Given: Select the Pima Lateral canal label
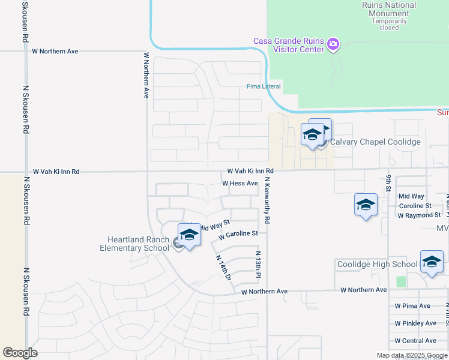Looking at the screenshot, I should (264, 86).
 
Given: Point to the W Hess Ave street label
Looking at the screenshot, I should (240, 183).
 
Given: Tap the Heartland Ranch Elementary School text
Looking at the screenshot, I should (134, 244).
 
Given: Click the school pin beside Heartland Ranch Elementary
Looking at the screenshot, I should (189, 235).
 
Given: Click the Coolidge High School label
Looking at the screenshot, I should (377, 264).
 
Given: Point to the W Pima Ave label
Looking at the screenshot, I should (412, 306).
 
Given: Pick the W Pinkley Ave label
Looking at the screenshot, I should (415, 323).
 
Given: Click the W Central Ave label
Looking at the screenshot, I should (415, 341).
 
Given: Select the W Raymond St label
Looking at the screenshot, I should (419, 215).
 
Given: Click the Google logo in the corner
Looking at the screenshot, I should (20, 353).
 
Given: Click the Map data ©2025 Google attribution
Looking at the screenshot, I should (412, 355).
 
